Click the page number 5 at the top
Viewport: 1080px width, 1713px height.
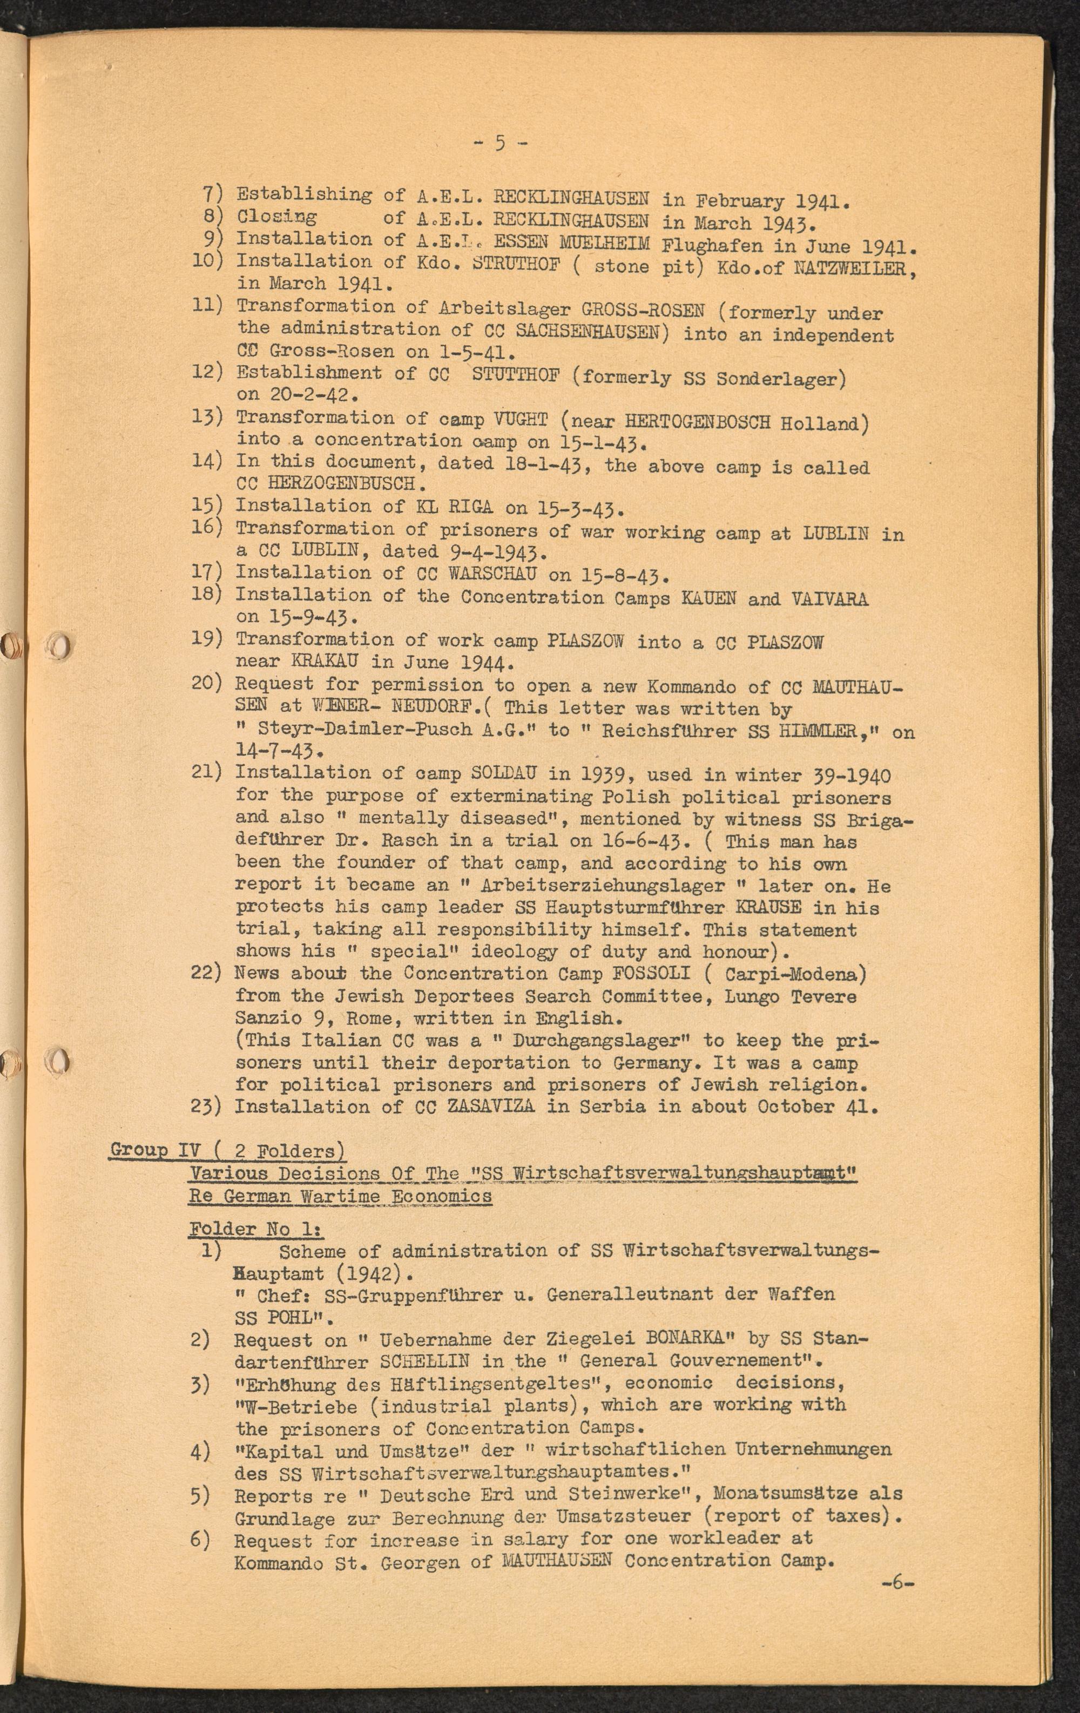[x=500, y=144]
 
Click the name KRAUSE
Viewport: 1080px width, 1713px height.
[x=770, y=908]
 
